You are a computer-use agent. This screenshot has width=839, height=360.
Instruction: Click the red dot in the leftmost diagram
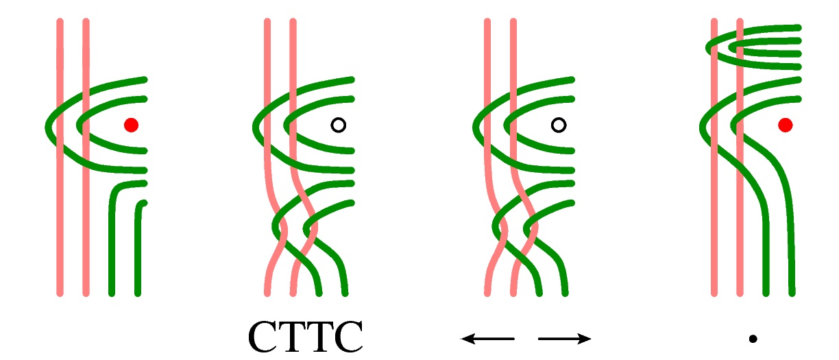pyautogui.click(x=131, y=125)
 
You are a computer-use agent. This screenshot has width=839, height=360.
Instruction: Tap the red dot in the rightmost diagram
pyautogui.click(x=786, y=125)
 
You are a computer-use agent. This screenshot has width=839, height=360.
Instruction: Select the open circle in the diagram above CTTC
pyautogui.click(x=338, y=125)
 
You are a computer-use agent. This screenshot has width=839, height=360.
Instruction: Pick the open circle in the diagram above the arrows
pyautogui.click(x=559, y=125)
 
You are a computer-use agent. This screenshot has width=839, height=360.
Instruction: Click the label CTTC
pyautogui.click(x=304, y=337)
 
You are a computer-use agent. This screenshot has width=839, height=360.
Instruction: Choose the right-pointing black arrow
pyautogui.click(x=564, y=338)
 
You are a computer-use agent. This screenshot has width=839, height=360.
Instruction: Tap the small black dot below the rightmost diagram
pyautogui.click(x=753, y=338)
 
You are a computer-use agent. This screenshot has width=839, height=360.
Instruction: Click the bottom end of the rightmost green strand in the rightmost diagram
pyautogui.click(x=792, y=293)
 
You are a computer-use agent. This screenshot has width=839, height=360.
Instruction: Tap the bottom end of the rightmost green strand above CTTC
pyautogui.click(x=345, y=293)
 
